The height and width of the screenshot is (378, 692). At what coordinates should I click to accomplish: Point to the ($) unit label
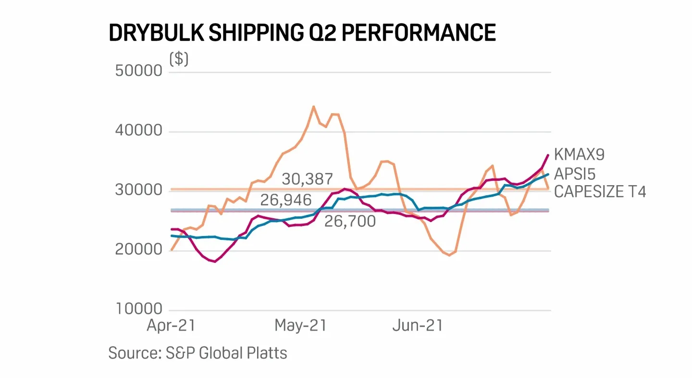tap(179, 59)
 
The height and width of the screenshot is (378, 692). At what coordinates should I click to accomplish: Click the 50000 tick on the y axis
tap(139, 71)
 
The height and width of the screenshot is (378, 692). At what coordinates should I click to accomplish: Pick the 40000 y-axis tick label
tap(139, 131)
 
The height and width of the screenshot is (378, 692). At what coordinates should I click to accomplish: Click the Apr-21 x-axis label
tap(171, 326)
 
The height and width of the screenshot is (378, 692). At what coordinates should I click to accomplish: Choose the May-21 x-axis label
tap(300, 326)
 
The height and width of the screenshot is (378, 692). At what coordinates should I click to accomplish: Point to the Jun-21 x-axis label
tap(418, 326)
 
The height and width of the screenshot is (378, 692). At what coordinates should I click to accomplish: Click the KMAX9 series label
tap(579, 155)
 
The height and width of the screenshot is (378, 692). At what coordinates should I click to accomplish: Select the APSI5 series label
tap(575, 173)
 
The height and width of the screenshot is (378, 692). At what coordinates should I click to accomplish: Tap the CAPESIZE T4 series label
tap(600, 192)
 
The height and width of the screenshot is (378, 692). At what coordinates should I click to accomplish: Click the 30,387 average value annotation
tap(307, 179)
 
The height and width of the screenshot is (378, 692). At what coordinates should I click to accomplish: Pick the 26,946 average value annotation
tap(286, 200)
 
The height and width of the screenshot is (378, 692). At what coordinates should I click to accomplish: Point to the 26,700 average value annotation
tap(350, 222)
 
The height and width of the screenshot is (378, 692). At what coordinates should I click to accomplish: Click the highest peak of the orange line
tap(313, 106)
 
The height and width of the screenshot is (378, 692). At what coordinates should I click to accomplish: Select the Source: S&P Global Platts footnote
tap(198, 353)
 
